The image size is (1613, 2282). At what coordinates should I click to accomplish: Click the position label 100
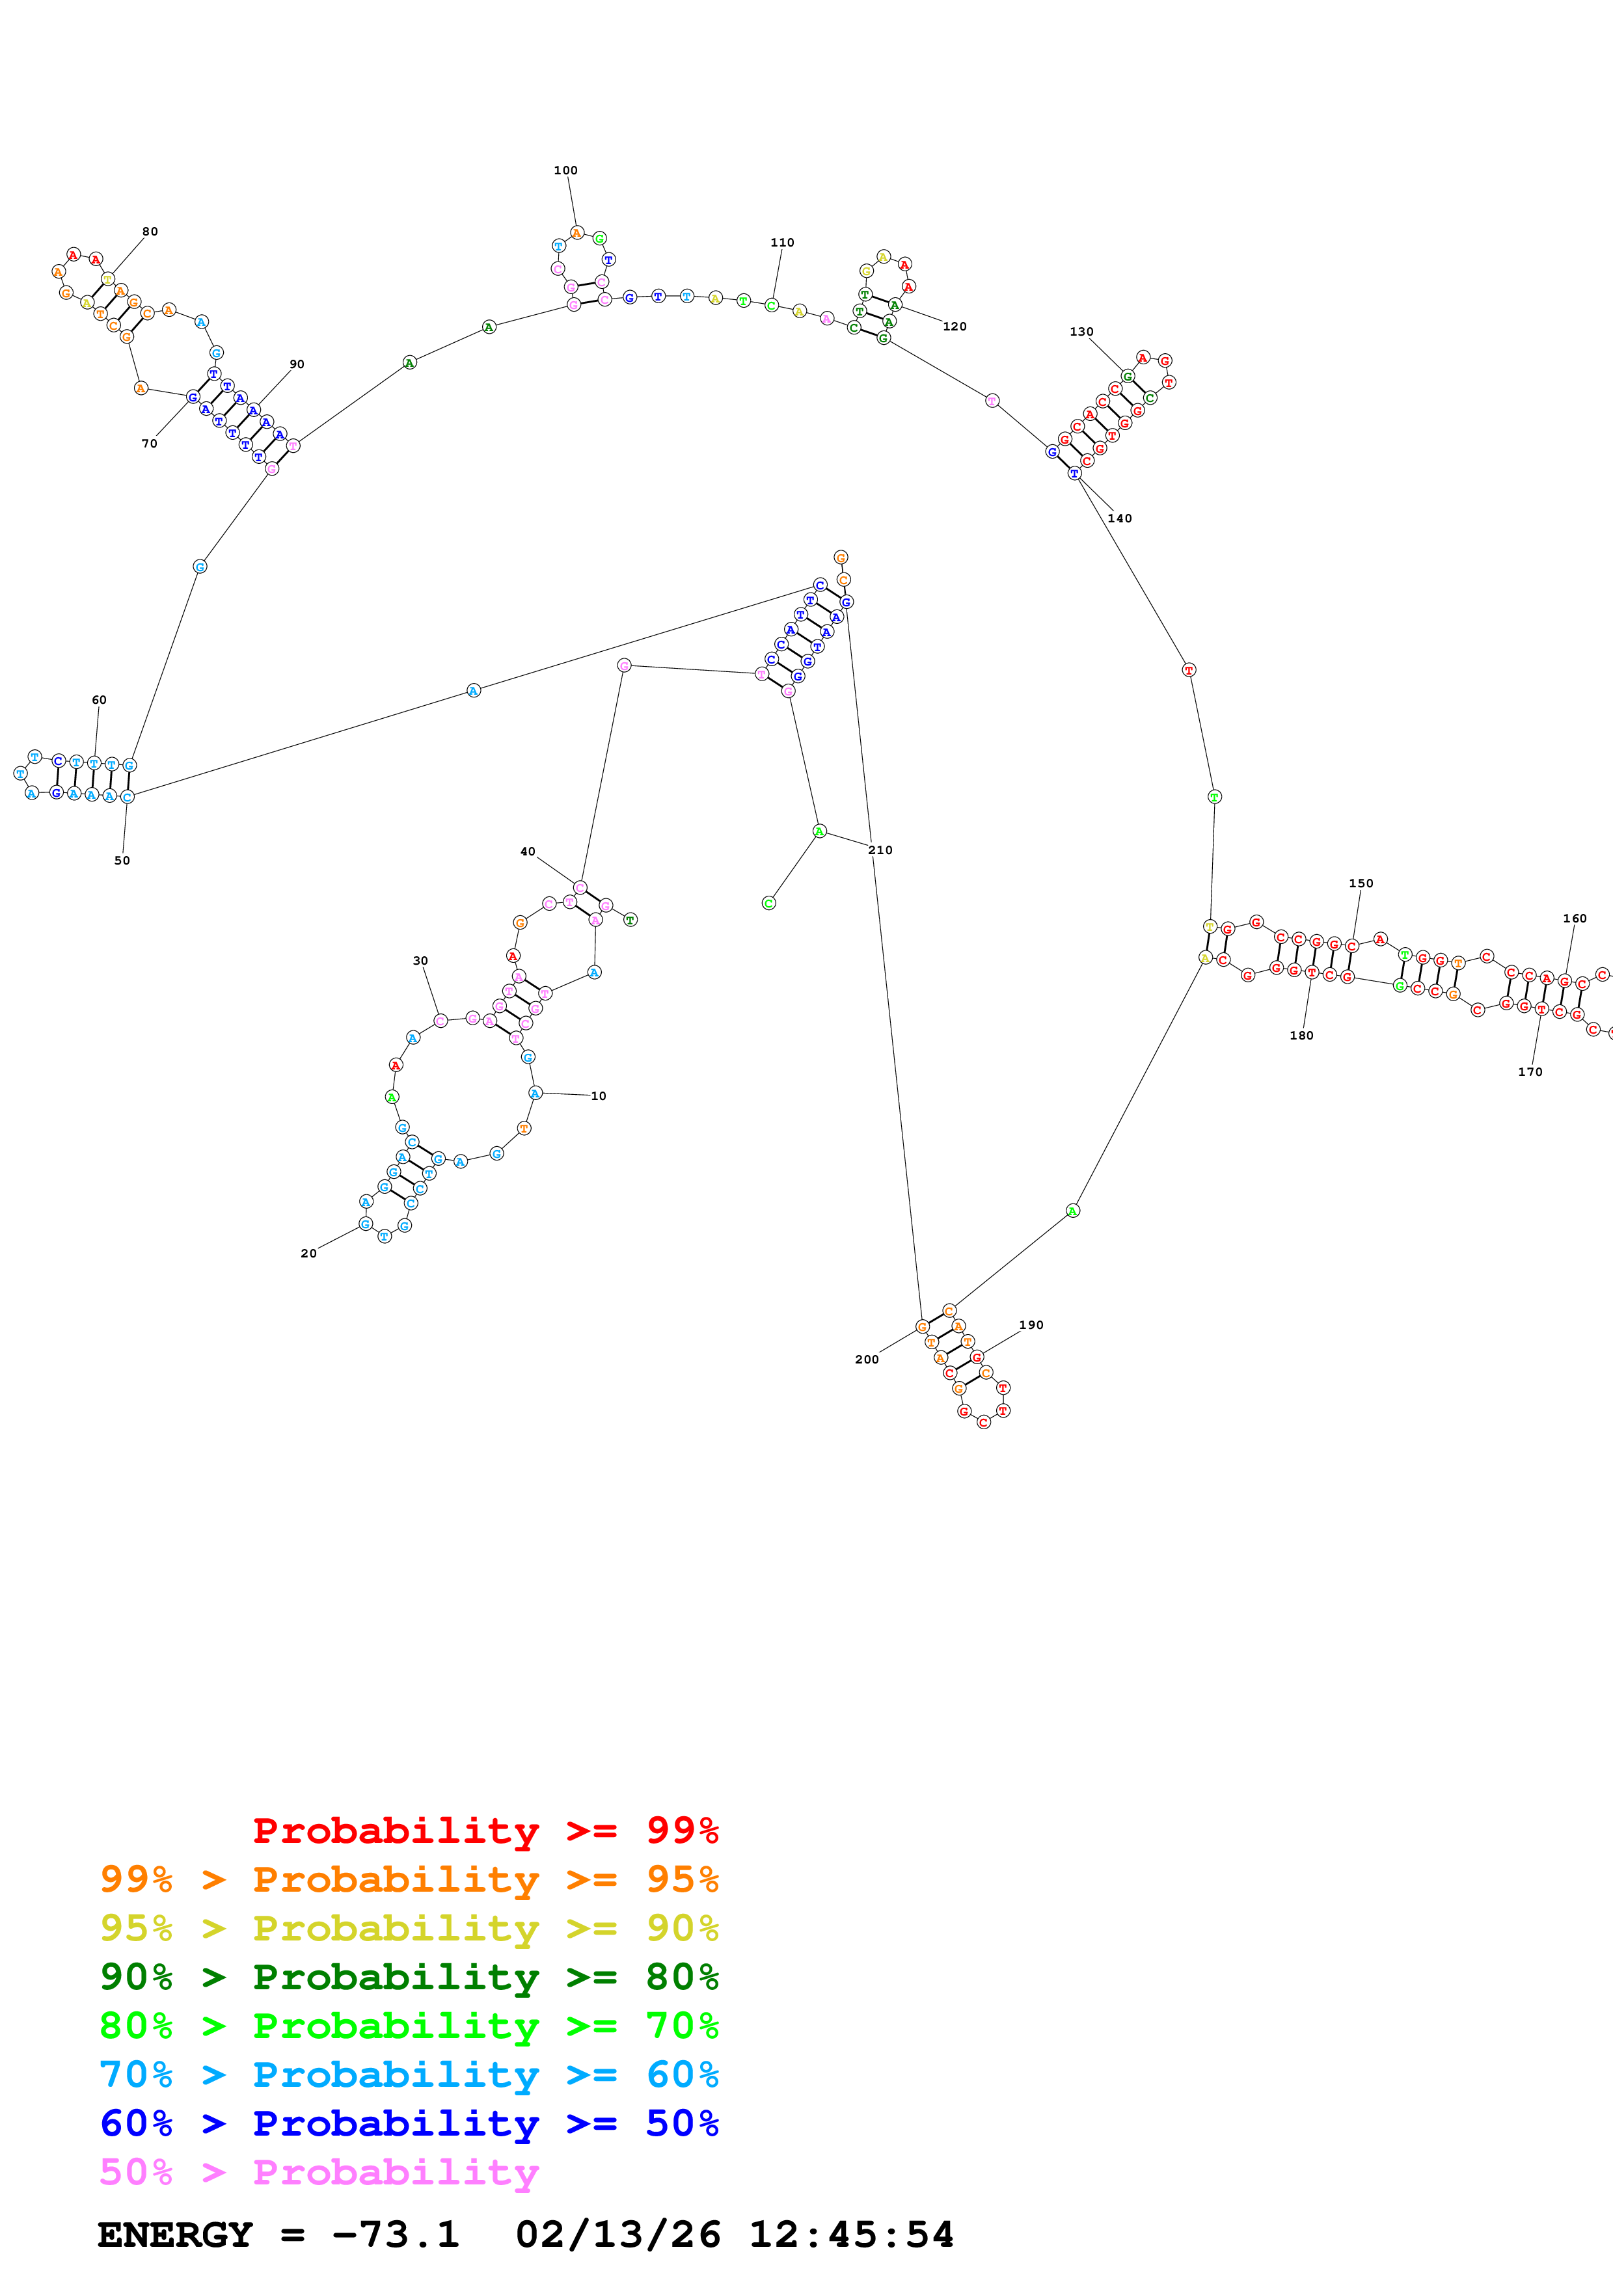click(565, 170)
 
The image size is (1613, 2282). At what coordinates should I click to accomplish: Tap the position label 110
click(782, 243)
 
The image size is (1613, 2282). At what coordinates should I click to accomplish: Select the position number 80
click(150, 232)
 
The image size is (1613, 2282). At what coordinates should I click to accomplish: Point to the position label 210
click(880, 850)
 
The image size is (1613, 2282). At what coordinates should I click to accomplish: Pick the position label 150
click(1361, 883)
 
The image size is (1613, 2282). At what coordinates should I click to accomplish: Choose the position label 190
click(1031, 1325)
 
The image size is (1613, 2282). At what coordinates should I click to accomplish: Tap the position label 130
click(1081, 332)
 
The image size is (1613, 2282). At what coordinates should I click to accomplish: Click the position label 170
click(1530, 1071)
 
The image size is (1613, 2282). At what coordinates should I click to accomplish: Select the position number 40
click(528, 852)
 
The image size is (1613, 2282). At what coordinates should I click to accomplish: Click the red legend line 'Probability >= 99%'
click(485, 1830)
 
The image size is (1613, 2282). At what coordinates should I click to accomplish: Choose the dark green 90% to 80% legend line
click(409, 1977)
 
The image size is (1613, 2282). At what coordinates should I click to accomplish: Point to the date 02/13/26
click(618, 2235)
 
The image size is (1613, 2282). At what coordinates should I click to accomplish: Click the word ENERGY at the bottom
click(175, 2235)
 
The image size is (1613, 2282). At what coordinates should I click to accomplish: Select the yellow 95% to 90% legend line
click(409, 1928)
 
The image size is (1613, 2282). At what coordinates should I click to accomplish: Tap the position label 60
click(100, 700)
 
